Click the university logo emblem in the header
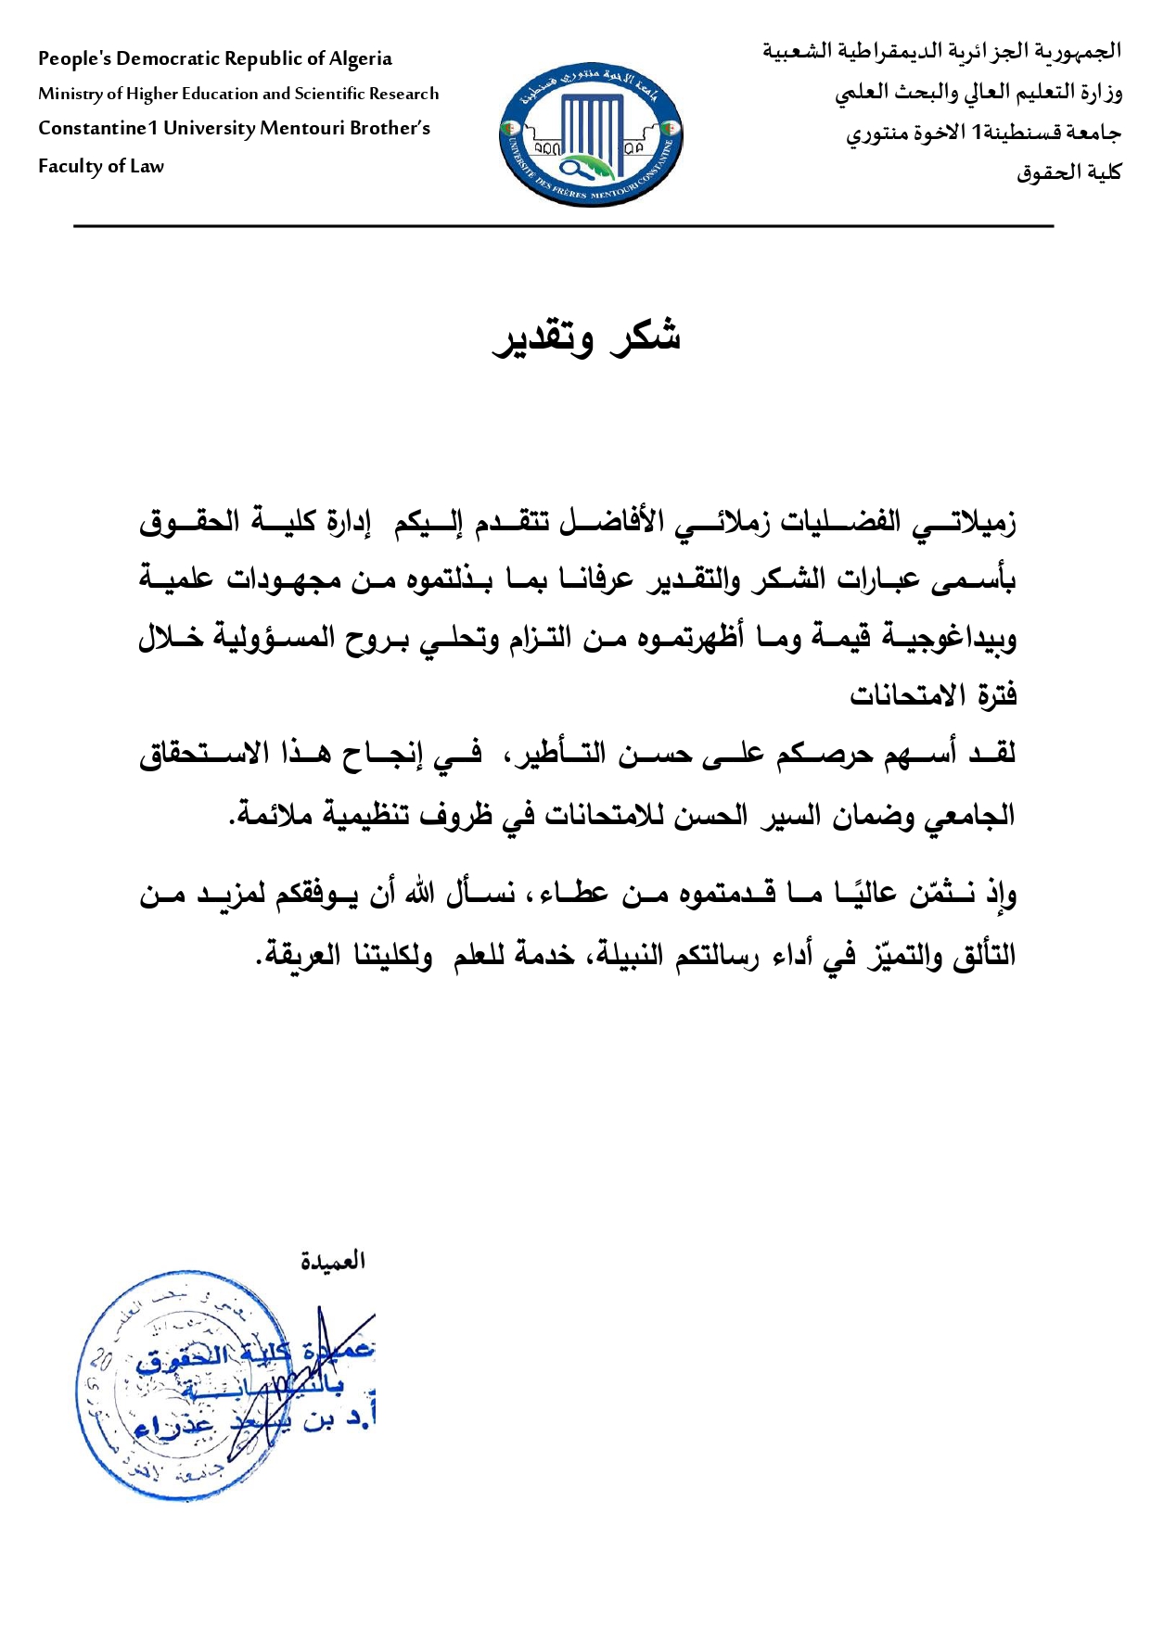coord(590,135)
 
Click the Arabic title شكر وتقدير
coord(586,337)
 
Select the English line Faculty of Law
coord(101,167)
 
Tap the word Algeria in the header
coord(361,59)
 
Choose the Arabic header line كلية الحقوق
coord(1068,172)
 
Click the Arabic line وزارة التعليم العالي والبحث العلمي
coord(978,93)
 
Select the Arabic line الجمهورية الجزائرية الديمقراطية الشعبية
coord(941,52)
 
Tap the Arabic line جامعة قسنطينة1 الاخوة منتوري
coord(983,133)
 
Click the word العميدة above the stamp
coord(332,1261)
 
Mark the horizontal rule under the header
coord(564,226)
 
